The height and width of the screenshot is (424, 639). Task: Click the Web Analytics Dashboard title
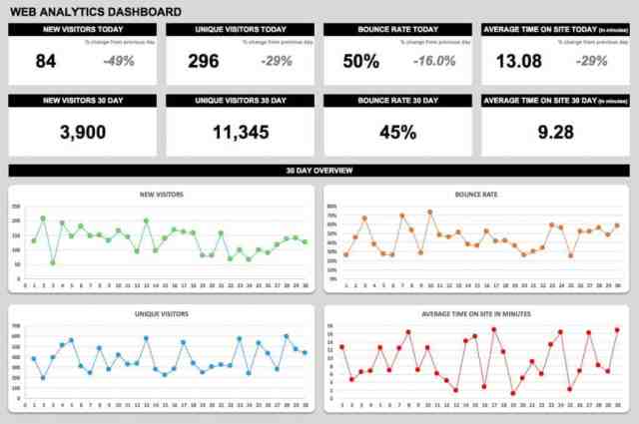(95, 12)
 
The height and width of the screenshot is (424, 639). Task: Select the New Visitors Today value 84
(46, 61)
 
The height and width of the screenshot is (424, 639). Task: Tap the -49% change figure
(119, 61)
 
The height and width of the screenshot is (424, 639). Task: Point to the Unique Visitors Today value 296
(203, 61)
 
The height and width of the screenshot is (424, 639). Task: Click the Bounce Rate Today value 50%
(360, 61)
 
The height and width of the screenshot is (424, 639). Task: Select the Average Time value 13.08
(519, 61)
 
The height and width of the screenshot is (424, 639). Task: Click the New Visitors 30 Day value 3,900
(82, 132)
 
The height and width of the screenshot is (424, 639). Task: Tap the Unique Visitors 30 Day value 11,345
(240, 132)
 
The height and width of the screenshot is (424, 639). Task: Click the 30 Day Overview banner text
(319, 171)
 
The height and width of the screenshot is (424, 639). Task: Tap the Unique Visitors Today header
(240, 30)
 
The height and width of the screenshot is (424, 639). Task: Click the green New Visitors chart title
(162, 194)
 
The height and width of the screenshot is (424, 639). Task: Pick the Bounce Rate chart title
(476, 194)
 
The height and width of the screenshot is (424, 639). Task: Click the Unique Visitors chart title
(162, 313)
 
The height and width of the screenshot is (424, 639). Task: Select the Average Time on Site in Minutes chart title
(476, 313)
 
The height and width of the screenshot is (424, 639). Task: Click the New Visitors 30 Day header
(82, 101)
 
